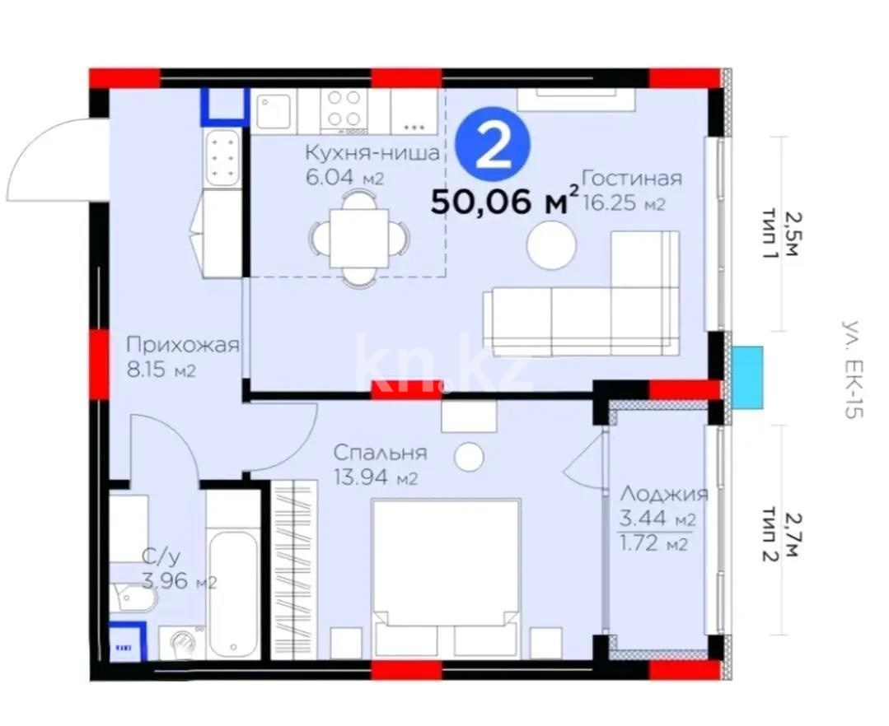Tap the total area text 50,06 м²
point(504,201)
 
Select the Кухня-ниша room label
point(372,153)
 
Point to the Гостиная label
point(632,179)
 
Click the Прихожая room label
point(183,345)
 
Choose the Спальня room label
point(380,453)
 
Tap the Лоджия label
point(663,494)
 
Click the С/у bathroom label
point(161,557)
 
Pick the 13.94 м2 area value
point(376,478)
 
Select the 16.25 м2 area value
point(624,203)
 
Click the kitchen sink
point(274,111)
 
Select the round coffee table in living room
point(551,245)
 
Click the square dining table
point(359,238)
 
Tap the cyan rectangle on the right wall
point(746,378)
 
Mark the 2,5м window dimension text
point(790,233)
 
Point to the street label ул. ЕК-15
point(852,370)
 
